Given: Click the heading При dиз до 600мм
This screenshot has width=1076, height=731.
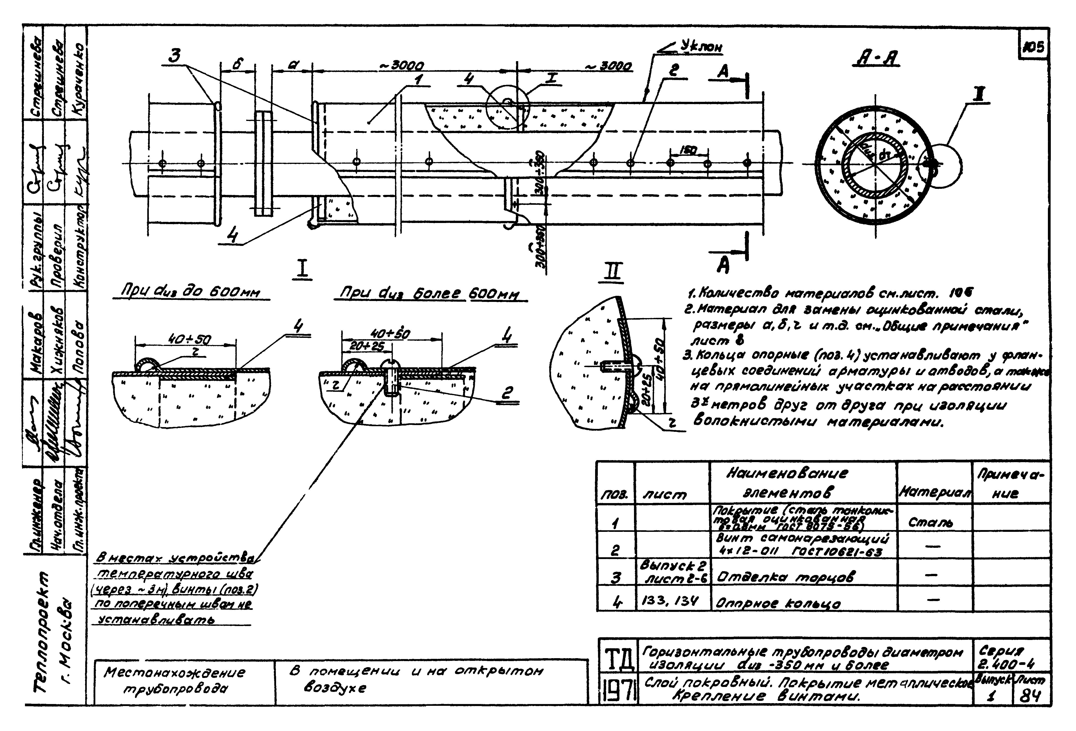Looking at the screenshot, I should click(x=190, y=293).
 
